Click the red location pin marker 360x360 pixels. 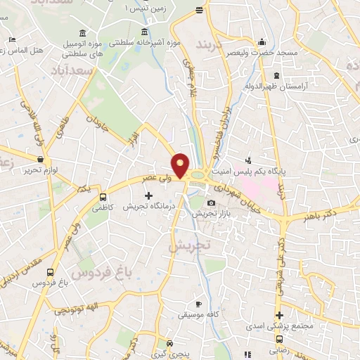coord(181,165)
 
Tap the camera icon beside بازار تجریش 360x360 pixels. coord(211,203)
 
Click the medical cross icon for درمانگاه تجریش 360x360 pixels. coord(148,196)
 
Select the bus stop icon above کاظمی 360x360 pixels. coord(103,198)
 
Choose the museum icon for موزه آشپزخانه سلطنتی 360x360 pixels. coord(145,32)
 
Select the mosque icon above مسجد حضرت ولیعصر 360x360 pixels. coord(262,41)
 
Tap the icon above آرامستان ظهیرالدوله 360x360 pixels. coord(276,75)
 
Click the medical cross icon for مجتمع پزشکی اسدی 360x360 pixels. coord(279,315)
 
